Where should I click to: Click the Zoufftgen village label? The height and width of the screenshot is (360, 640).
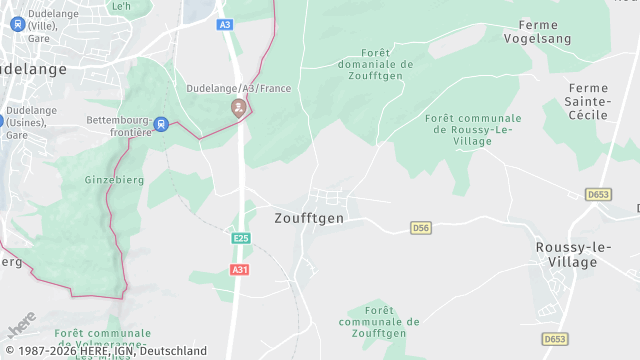(309, 218)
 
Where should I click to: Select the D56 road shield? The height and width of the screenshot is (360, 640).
(421, 229)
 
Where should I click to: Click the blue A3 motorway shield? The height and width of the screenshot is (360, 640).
(224, 24)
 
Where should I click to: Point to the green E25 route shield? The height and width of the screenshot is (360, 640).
(240, 238)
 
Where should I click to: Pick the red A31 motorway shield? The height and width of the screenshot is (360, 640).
(239, 270)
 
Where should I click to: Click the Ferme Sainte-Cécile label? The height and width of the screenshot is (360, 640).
(586, 102)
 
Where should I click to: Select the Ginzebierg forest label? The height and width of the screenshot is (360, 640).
(116, 180)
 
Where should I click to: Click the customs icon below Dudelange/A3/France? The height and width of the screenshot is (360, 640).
(238, 107)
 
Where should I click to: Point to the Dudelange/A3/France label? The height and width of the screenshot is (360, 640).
(238, 88)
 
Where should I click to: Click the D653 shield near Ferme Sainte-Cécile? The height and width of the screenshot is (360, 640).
(598, 194)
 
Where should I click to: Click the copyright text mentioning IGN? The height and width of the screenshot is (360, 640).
(104, 351)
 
